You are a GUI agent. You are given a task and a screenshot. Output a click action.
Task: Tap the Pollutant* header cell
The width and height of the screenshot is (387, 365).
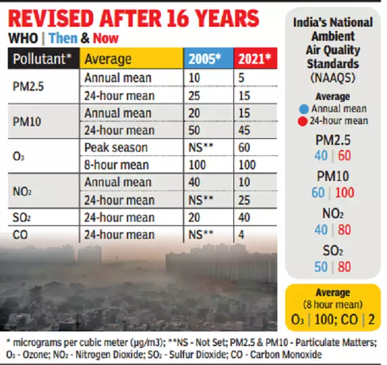(43, 59)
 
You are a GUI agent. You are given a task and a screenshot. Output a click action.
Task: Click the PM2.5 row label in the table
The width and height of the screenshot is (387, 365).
(29, 87)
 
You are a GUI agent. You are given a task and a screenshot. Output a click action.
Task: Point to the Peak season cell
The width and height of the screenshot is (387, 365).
(116, 148)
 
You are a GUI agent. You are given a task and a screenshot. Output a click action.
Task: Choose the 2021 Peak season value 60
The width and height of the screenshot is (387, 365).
(245, 148)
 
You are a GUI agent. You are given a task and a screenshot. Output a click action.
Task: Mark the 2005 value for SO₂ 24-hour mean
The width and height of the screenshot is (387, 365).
(195, 218)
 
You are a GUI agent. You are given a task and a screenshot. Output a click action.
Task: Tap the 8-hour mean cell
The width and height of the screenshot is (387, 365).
(119, 165)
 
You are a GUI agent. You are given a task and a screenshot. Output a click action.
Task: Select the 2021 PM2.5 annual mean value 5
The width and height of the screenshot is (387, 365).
(241, 78)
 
